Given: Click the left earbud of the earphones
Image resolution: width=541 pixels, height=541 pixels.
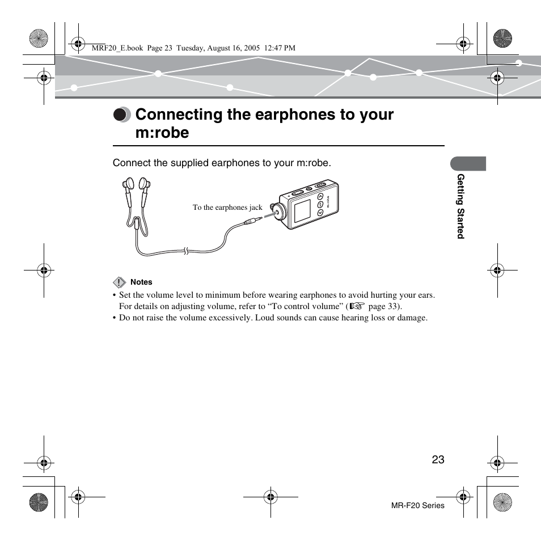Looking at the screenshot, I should point(128,184).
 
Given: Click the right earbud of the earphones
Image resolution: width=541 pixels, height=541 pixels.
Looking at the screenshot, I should point(145,184).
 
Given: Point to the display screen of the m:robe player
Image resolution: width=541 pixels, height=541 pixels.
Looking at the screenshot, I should point(302,211).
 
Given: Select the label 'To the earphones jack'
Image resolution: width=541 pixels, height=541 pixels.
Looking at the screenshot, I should point(227,208).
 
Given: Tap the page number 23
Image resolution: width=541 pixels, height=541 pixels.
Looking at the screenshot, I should point(437,460).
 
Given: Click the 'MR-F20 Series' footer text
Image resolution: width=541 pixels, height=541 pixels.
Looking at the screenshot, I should point(418,505).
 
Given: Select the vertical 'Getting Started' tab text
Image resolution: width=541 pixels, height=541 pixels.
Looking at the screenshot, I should point(461,206).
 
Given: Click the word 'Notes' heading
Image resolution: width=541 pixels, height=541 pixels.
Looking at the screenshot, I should point(141,282).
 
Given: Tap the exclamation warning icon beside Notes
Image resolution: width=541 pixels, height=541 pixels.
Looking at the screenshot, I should point(119,282).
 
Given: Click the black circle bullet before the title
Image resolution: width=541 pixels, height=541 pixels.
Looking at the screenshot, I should point(120,115).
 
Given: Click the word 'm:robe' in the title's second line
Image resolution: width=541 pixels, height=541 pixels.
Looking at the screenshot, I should point(162,133).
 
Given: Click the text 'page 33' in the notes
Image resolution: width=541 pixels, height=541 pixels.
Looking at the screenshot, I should point(383,306).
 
